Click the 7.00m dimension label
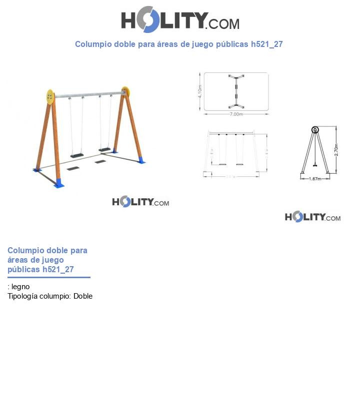[x=236, y=114]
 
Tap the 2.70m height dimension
[x=336, y=150]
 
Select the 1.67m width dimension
[x=314, y=178]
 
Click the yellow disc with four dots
[x=50, y=96]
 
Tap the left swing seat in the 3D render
[x=77, y=155]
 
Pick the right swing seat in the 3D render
[x=104, y=149]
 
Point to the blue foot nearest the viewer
[x=59, y=183]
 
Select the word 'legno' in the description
[x=20, y=287]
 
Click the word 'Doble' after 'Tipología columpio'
[x=83, y=296]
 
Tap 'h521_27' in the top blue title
[x=266, y=44]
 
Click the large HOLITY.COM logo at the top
[x=180, y=20]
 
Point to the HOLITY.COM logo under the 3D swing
[x=140, y=202]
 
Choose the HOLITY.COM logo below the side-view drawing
[x=312, y=217]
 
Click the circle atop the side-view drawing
[x=315, y=130]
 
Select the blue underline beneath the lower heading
[x=49, y=277]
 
